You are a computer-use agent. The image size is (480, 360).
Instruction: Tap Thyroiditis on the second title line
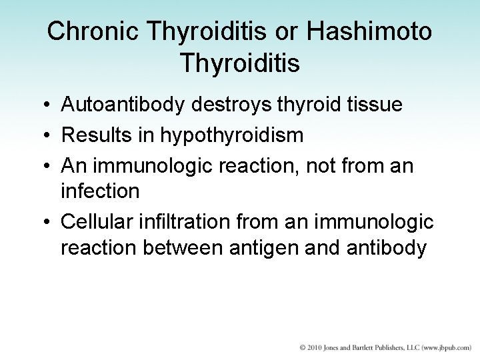[x=240, y=64]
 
